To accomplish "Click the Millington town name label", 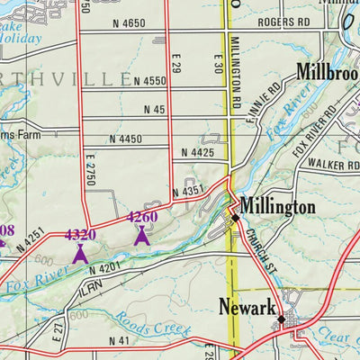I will tap(277, 207).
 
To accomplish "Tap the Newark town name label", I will tap(247, 308).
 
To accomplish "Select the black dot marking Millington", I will tap(235, 218).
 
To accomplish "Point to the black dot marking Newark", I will tap(281, 319).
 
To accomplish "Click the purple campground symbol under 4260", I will tap(141, 236).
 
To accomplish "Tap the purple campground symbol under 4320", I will tap(80, 254).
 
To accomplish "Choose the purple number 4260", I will tap(142, 217).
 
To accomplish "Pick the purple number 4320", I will tap(80, 236).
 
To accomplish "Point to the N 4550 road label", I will tap(150, 81).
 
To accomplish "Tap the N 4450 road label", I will tap(126, 139).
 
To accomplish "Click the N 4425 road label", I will tap(198, 154).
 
